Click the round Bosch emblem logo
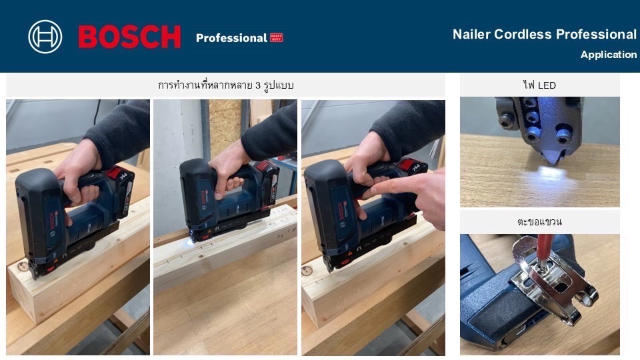pos(45,37)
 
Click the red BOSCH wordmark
pos(129,37)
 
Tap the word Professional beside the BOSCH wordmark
pos(231,38)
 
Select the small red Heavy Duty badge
pos(276,37)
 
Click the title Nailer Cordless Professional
pos(544,34)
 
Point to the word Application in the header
pos(608,55)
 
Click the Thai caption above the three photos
pos(225,85)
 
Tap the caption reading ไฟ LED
pos(539,85)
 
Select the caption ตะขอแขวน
pos(539,221)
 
